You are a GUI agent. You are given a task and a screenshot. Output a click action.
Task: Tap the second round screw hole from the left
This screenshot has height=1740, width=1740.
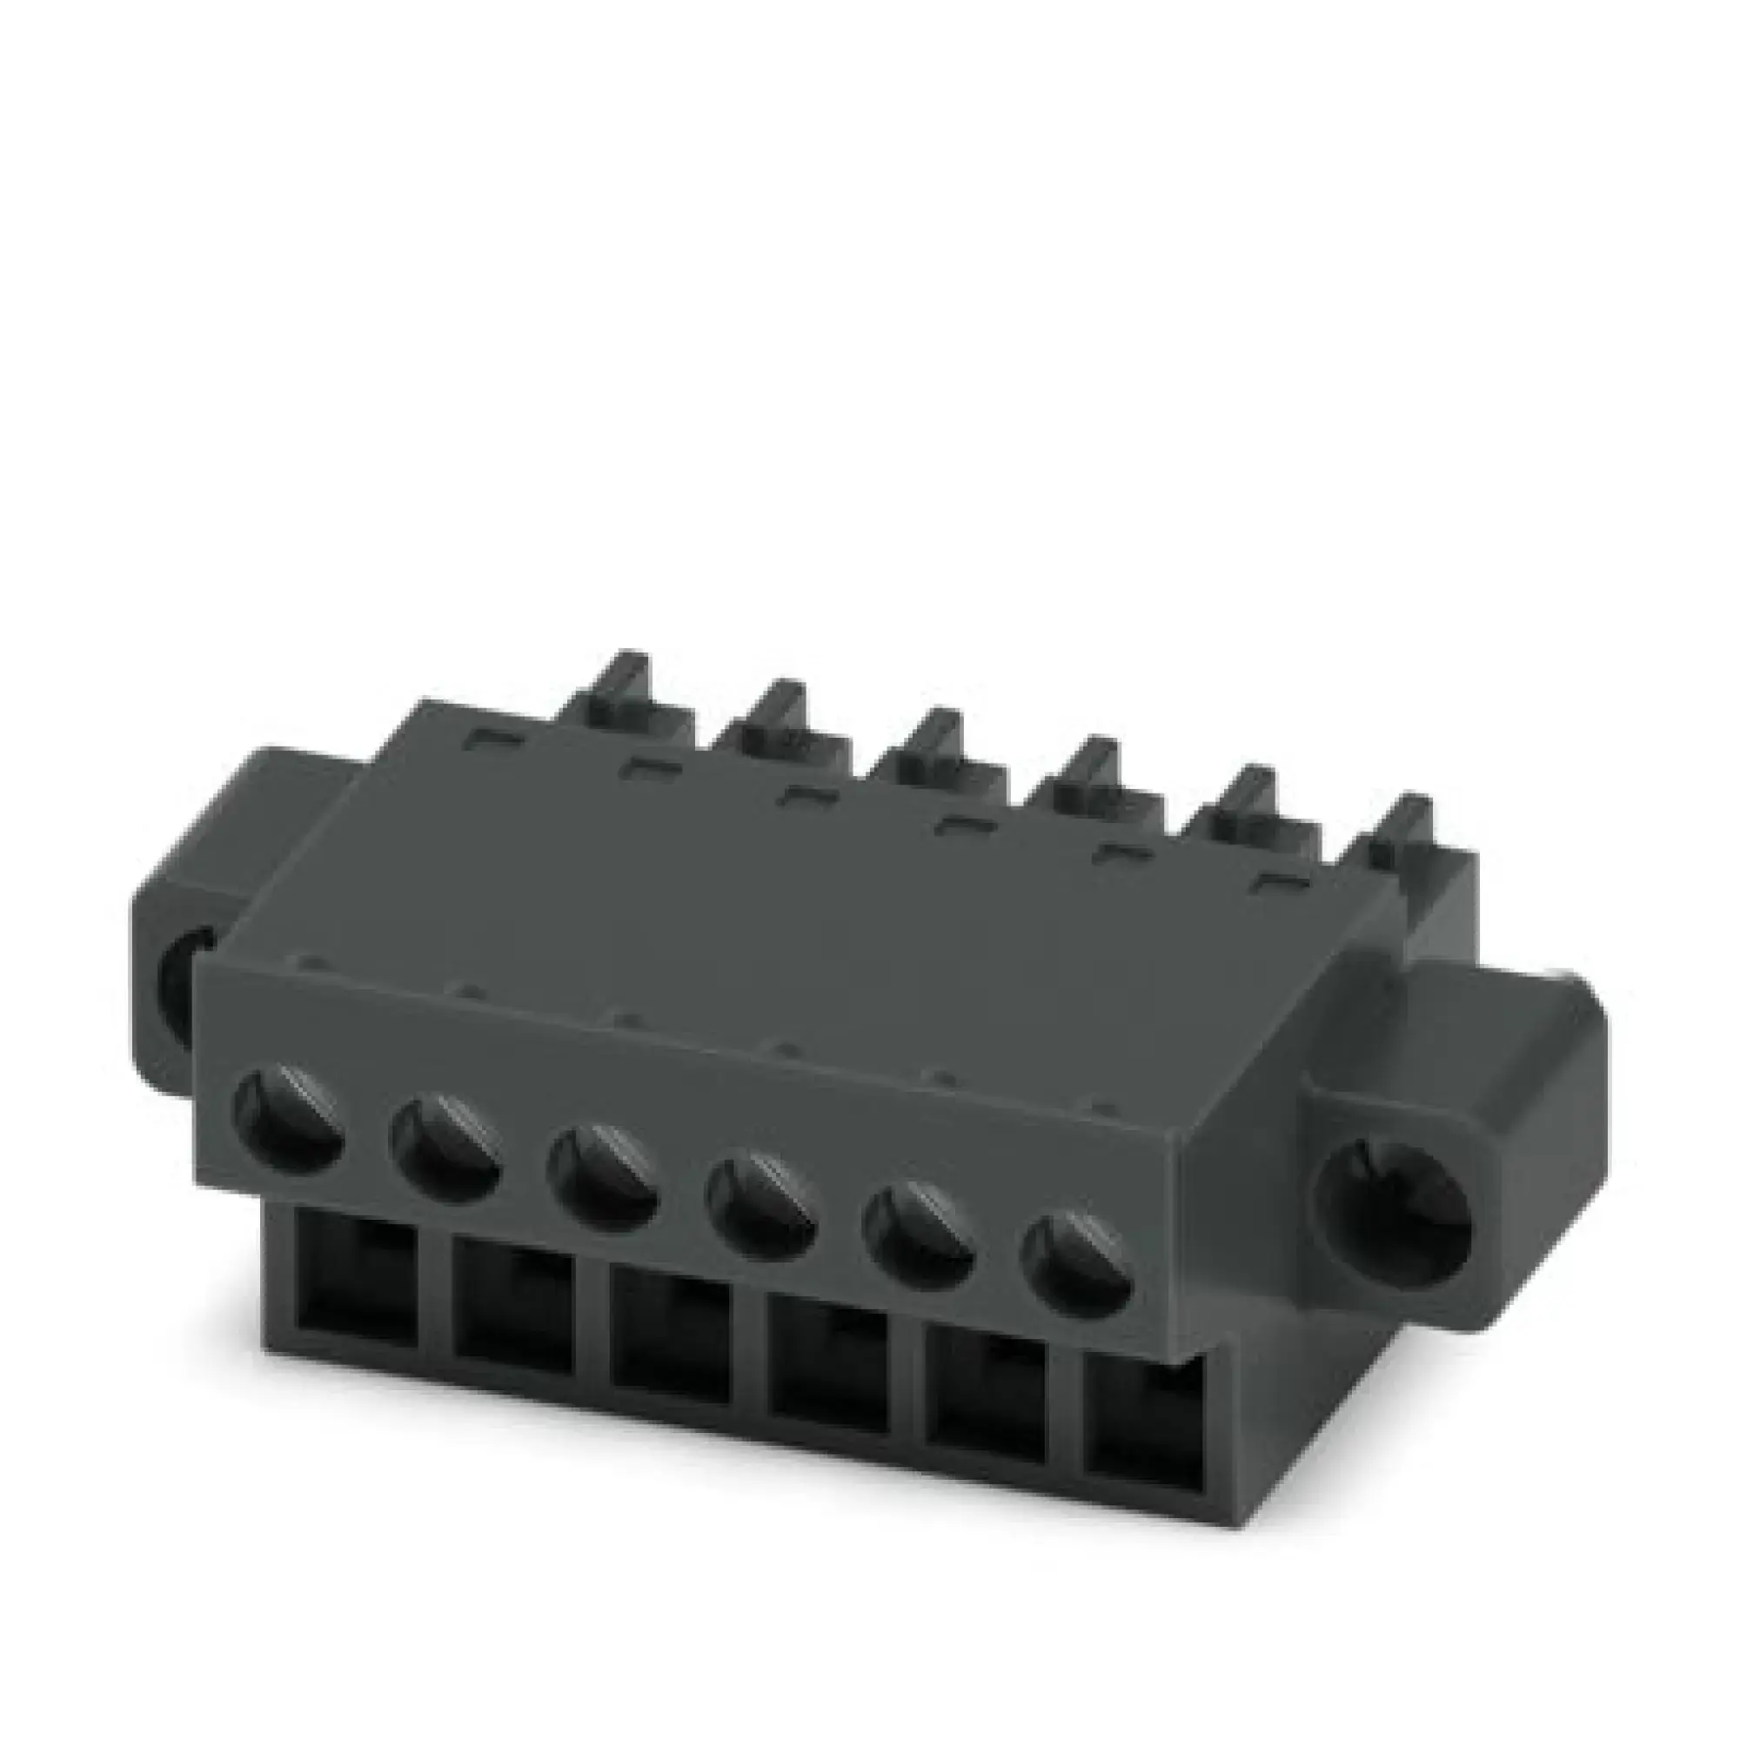445,1148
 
